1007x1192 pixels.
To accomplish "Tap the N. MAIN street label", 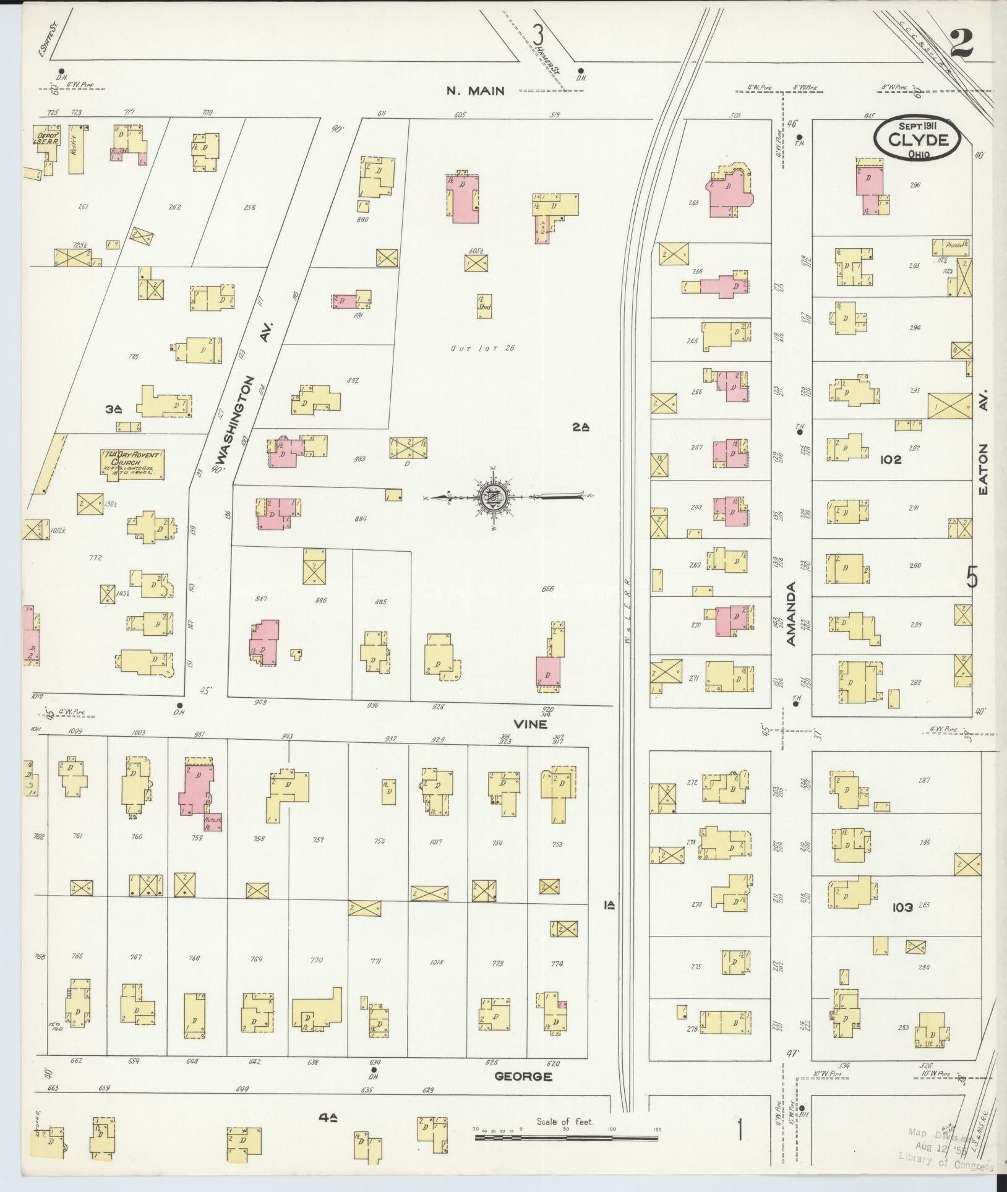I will [476, 91].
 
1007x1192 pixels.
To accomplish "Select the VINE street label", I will [531, 722].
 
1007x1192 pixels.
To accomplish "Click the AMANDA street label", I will [791, 613].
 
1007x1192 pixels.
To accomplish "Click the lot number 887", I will [261, 599].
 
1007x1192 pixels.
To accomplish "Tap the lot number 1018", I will [436, 963].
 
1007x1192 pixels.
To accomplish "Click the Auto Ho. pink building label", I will [213, 821].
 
